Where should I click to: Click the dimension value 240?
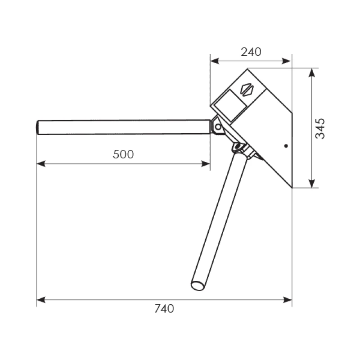click(x=251, y=52)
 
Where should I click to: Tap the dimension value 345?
click(x=320, y=129)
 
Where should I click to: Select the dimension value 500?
click(x=123, y=154)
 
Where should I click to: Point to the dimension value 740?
click(x=164, y=309)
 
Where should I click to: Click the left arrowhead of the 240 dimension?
click(x=215, y=61)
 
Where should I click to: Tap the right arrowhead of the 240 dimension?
click(x=287, y=61)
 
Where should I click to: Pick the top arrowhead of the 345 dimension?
click(x=311, y=73)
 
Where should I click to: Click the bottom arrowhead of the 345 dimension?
click(x=311, y=184)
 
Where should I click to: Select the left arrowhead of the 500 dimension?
click(x=41, y=164)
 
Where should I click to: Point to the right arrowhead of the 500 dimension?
click(x=206, y=164)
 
